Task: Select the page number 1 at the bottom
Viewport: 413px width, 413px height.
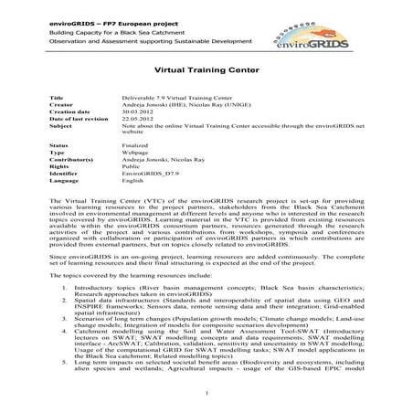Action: tap(207, 395)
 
